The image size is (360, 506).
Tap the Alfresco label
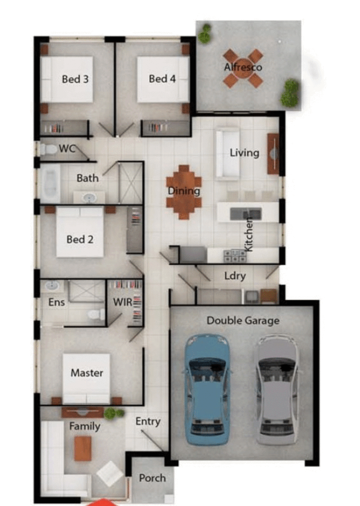243,67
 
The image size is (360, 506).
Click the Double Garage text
243,321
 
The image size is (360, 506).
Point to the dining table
184,191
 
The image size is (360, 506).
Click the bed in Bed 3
67,79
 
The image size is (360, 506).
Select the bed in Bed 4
162,79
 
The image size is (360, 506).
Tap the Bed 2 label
80,239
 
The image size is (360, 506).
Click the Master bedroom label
87,373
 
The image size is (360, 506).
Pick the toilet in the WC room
48,149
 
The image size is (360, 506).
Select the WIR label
122,302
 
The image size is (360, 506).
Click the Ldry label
234,276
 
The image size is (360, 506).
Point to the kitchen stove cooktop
235,256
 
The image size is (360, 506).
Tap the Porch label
153,478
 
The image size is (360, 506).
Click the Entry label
148,421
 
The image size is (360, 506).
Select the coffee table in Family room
83,448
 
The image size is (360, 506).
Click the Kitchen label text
249,235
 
